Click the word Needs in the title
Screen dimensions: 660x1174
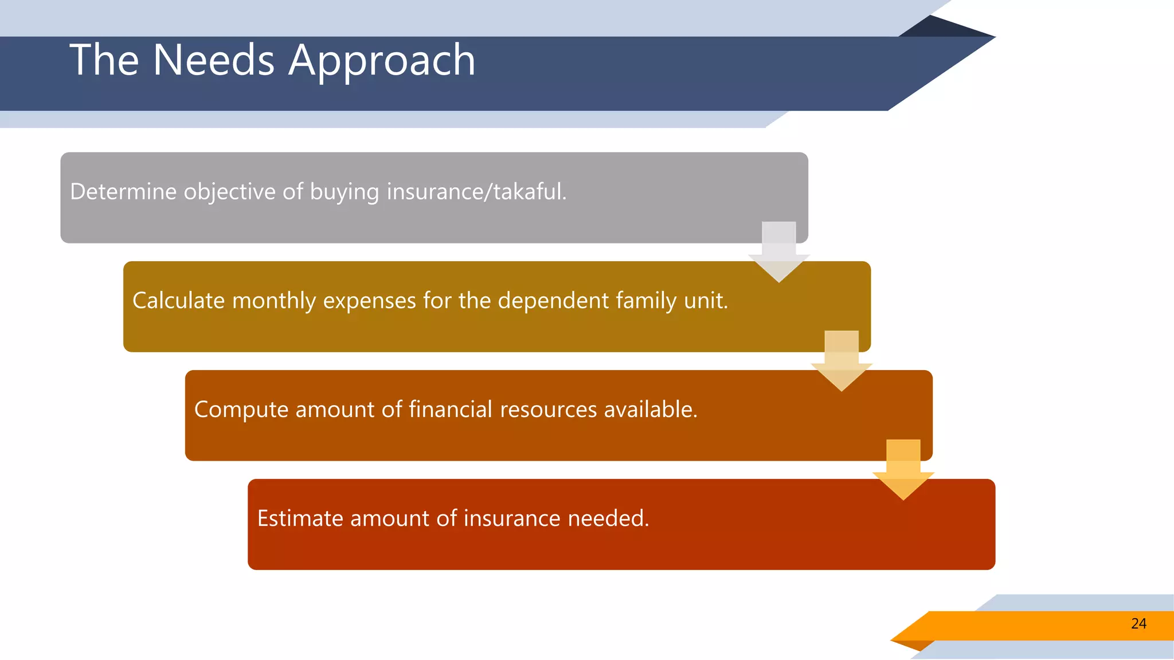pyautogui.click(x=213, y=60)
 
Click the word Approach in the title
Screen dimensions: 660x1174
pyautogui.click(x=382, y=60)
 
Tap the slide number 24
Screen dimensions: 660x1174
pyautogui.click(x=1138, y=624)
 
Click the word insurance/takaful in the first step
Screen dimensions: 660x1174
pyautogui.click(x=476, y=192)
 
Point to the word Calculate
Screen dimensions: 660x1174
pyautogui.click(x=178, y=301)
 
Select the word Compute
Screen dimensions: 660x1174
pyautogui.click(x=241, y=410)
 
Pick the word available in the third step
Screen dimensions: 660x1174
pyautogui.click(x=650, y=410)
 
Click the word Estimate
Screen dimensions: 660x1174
pyautogui.click(x=300, y=518)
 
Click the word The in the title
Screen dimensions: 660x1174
pyautogui.click(x=104, y=60)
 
